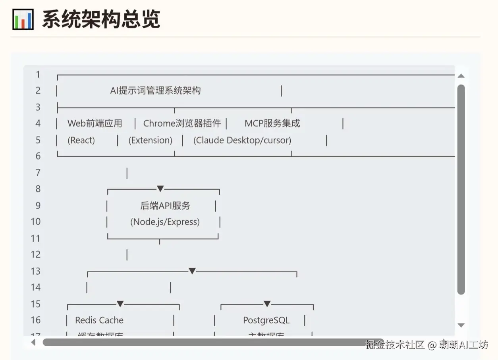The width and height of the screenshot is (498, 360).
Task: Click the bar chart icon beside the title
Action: coord(23,19)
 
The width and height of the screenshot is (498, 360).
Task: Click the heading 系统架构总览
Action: coord(101,19)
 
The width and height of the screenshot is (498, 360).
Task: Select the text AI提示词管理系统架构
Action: coord(155,90)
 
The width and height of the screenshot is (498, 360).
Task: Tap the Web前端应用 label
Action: coord(95,123)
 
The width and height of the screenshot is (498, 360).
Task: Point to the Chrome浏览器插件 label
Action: coord(182,123)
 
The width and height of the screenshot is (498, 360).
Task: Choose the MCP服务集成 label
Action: coord(272,123)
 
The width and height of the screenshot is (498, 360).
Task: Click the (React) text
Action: coord(81,140)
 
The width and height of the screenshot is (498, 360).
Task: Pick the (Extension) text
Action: coord(150,140)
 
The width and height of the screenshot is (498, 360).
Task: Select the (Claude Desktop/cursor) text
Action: coord(242,140)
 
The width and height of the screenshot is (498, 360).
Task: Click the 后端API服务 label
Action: coord(165,206)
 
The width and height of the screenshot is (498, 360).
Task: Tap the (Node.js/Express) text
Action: coord(165,222)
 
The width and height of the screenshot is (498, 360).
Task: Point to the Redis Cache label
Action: coord(99,320)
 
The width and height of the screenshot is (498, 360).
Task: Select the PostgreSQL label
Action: coord(266,320)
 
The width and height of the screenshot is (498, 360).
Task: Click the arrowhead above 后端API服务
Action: coord(160,189)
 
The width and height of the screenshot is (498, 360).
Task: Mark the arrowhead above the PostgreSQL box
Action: coord(267,304)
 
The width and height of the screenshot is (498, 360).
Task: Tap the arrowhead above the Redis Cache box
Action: coord(120,304)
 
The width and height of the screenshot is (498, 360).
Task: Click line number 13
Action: coord(36,271)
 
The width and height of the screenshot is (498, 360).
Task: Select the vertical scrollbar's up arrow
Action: coord(461,76)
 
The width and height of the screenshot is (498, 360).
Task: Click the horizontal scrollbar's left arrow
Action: coord(33,342)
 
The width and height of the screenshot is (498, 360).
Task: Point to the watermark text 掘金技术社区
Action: coord(395,345)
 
